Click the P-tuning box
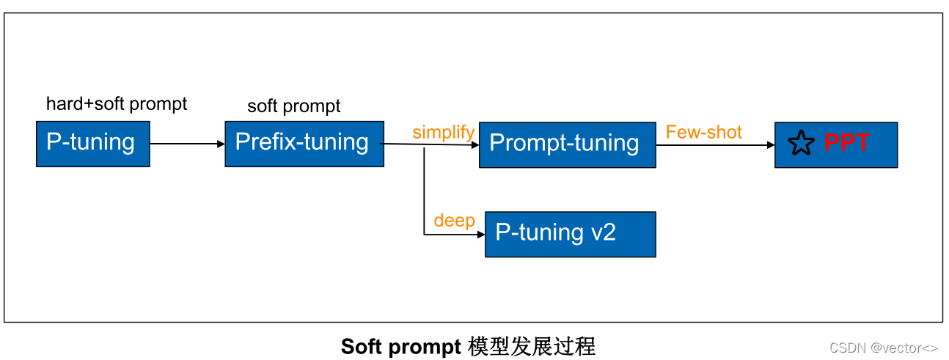92,144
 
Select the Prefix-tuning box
304,144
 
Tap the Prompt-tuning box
567,145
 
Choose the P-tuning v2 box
570,235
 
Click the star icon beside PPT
801,144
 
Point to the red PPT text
847,142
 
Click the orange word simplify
443,133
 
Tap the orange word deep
454,221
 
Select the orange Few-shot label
703,132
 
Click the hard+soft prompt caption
117,104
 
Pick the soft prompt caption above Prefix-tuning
293,106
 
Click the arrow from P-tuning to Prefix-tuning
186,144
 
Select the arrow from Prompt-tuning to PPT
714,145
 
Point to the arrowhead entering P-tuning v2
481,235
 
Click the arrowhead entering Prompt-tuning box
475,145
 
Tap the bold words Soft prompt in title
400,346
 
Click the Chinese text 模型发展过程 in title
531,346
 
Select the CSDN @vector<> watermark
883,348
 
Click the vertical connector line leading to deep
424,191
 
